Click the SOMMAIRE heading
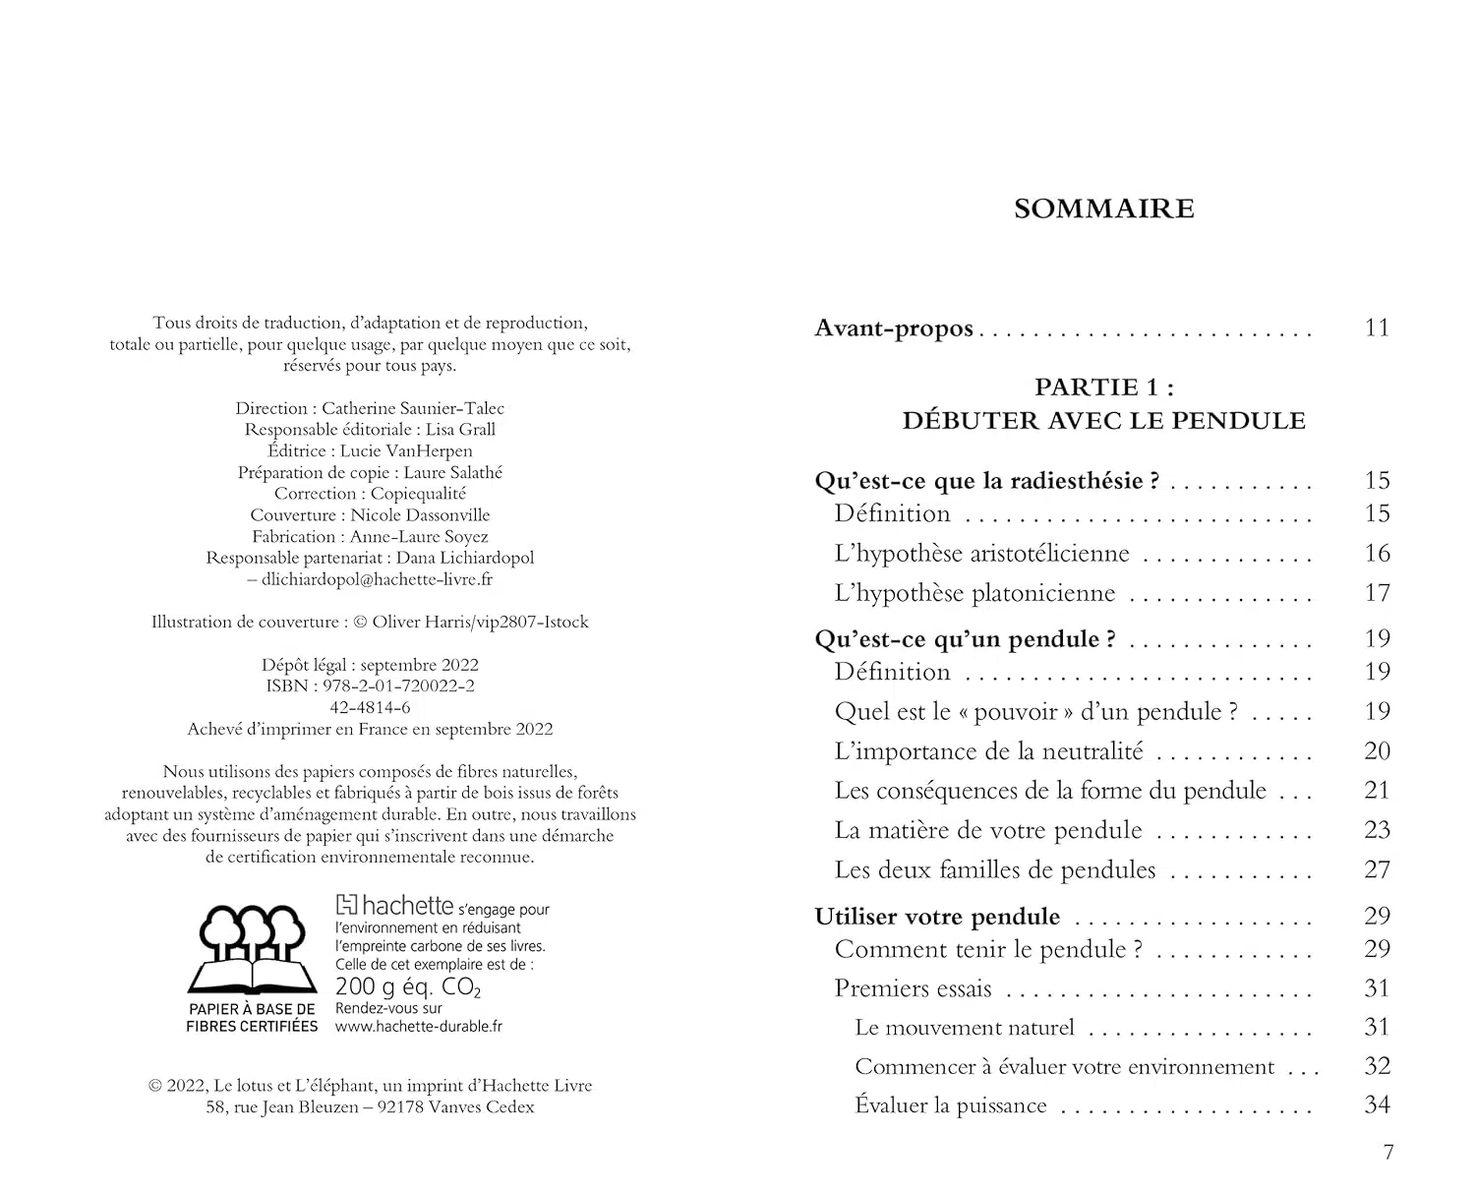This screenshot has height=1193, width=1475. click(x=1104, y=209)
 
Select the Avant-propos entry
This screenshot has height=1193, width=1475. click(x=894, y=328)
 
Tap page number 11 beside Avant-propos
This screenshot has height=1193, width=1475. click(x=1377, y=328)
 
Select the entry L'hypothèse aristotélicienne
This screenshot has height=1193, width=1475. click(x=981, y=554)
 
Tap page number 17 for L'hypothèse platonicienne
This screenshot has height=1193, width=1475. click(x=1377, y=593)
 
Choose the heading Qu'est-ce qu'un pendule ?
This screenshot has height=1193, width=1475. click(x=965, y=639)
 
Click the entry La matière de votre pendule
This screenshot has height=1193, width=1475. click(x=988, y=830)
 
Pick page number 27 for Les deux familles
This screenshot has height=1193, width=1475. click(x=1377, y=869)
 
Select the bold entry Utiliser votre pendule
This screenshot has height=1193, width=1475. click(x=937, y=917)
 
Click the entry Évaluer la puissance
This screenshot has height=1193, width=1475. click(x=950, y=1105)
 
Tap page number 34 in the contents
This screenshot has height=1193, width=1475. click(x=1377, y=1105)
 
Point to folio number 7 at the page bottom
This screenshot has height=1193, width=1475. click(x=1388, y=1153)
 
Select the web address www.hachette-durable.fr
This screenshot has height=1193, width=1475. click(x=419, y=1026)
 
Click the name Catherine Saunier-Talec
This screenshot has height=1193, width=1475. click(x=413, y=408)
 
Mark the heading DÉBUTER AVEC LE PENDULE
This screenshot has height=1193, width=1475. click(x=1104, y=421)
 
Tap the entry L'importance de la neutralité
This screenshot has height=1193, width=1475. click(x=988, y=751)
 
